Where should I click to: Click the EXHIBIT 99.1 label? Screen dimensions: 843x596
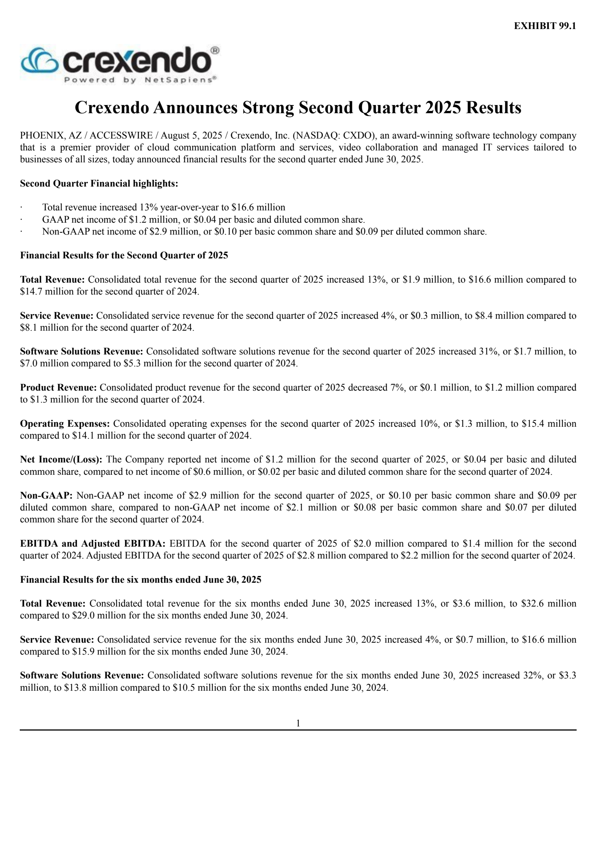(545, 26)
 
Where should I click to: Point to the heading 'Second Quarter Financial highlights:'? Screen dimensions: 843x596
(99, 184)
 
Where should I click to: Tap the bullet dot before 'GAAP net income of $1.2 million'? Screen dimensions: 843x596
(22, 220)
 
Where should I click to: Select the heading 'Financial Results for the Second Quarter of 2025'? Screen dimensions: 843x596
(124, 255)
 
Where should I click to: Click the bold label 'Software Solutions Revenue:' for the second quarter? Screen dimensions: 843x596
(82, 351)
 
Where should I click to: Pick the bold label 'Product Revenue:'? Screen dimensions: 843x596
(58, 388)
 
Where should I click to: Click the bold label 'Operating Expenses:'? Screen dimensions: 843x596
(65, 424)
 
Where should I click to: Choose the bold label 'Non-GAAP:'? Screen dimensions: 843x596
(46, 496)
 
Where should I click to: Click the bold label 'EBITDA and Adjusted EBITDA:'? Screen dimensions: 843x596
(93, 544)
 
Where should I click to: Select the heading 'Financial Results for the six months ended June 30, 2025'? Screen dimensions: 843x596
(141, 580)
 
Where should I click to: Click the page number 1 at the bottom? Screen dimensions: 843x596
(298, 723)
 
